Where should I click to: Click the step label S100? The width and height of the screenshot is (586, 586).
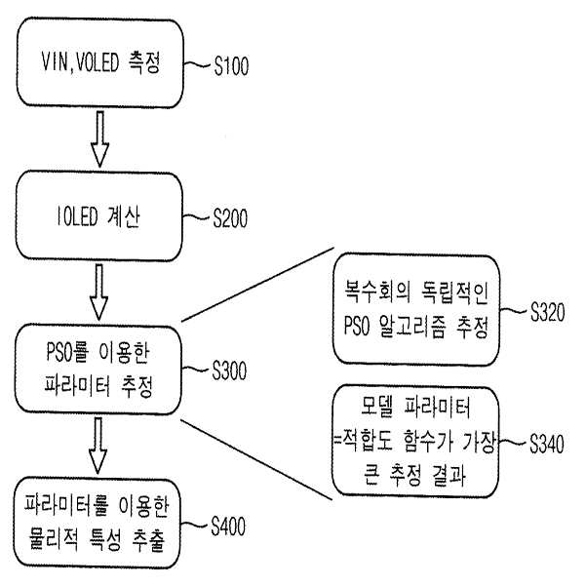231,66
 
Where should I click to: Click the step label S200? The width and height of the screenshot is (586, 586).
230,218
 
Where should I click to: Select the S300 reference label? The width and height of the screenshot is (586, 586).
229,371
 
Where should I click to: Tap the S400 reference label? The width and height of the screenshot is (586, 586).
228,527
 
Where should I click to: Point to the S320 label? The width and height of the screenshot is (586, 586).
548,312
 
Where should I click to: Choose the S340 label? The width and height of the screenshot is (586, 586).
547,444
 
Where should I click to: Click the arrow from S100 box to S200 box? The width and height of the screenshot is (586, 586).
99,139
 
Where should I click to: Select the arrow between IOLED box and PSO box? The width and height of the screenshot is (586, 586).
99,292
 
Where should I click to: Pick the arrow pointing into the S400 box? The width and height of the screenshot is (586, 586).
98,446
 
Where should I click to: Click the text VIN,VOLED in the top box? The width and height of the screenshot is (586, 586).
80,62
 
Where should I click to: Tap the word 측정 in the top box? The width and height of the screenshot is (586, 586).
144,62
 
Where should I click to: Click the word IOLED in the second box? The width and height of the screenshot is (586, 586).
77,216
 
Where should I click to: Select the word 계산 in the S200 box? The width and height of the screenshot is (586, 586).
124,216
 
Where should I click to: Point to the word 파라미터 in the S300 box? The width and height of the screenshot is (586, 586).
77,385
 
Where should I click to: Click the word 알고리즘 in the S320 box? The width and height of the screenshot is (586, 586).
412,326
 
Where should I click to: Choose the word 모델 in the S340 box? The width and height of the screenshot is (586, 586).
377,407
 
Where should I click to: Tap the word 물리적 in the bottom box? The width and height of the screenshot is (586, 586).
54,539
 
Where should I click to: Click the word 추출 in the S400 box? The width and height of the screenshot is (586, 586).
148,539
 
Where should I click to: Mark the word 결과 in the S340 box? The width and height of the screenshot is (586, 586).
449,475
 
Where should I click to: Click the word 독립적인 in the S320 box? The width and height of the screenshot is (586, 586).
454,292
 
